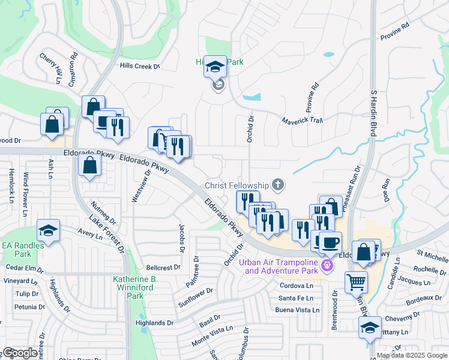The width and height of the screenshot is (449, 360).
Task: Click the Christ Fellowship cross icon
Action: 277,184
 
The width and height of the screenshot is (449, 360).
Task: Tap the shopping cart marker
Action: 356,281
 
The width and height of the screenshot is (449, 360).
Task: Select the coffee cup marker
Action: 329,242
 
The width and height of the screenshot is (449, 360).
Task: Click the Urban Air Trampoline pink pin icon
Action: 327,265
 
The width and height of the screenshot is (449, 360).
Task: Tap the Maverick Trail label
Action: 303,121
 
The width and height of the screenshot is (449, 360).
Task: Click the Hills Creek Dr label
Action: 140,67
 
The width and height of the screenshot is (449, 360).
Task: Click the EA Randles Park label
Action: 22,245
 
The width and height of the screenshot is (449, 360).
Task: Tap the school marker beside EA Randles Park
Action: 48,230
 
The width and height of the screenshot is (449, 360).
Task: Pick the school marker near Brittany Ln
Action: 369,327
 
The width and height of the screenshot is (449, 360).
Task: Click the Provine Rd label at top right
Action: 394,32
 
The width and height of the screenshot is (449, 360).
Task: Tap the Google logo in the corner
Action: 19,353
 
